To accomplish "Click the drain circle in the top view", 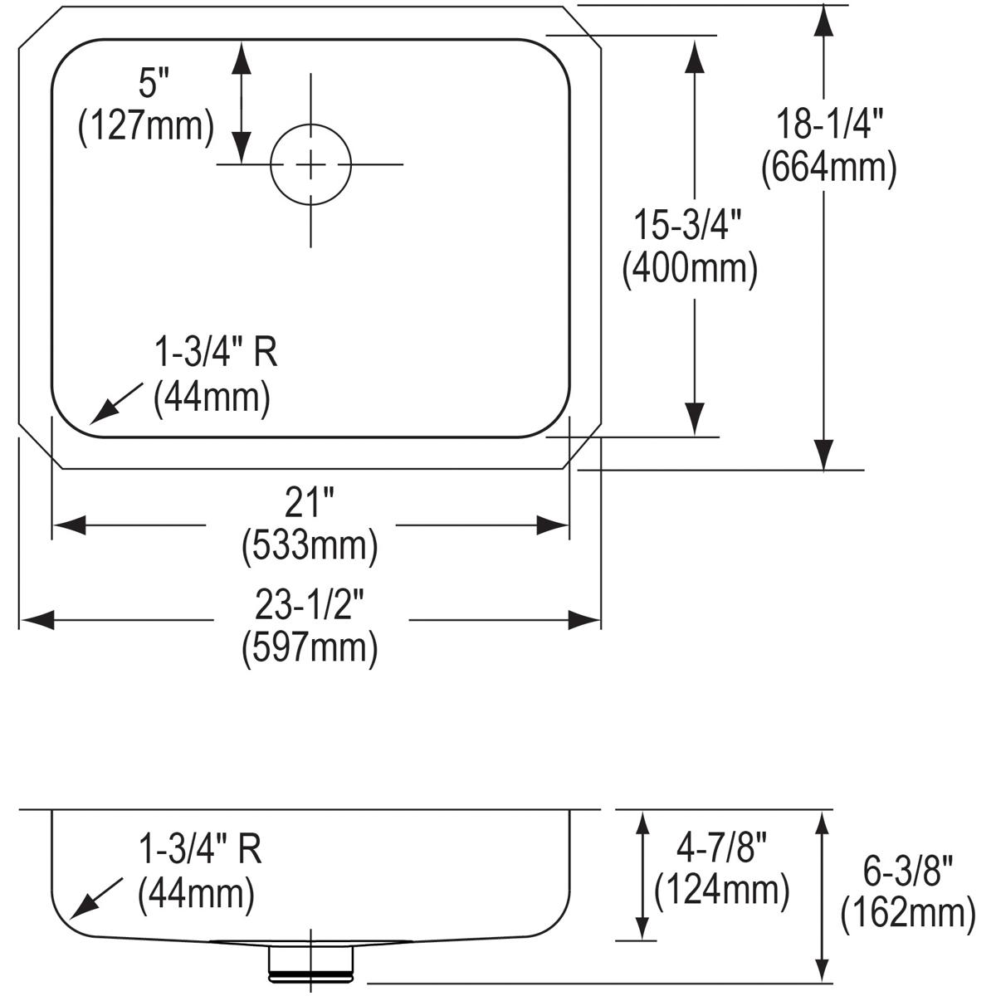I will (311, 164).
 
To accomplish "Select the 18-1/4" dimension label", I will (828, 125).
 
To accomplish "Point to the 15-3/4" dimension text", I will (688, 226).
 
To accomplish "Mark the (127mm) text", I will (146, 125).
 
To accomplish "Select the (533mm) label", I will (310, 545).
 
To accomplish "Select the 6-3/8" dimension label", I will (906, 871).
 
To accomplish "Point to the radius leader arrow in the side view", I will (98, 899).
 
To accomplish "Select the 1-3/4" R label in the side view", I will (200, 849).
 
